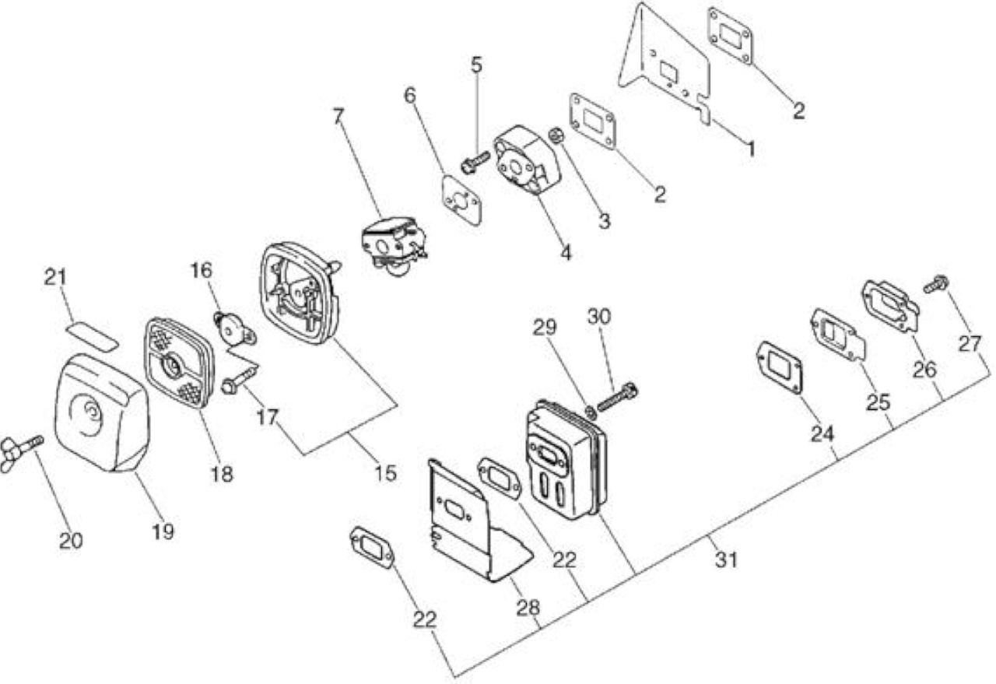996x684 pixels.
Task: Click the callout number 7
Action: pos(338,117)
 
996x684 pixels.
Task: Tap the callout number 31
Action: pos(727,559)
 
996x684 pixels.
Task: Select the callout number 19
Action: pos(163,531)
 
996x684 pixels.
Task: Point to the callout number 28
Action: pos(528,608)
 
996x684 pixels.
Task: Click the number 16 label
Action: pos(202,270)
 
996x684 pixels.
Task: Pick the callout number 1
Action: pos(751,149)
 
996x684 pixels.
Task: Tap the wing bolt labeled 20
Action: pos(20,452)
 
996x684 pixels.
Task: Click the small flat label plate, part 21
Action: pos(92,337)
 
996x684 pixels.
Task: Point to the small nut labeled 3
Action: pos(556,135)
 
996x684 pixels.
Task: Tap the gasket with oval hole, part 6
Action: pos(462,201)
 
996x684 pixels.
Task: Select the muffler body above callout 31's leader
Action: pos(566,459)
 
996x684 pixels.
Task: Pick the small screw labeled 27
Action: pos(936,284)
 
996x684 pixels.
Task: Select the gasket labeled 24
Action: pos(780,367)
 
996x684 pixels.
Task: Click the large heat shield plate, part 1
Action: pos(665,67)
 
